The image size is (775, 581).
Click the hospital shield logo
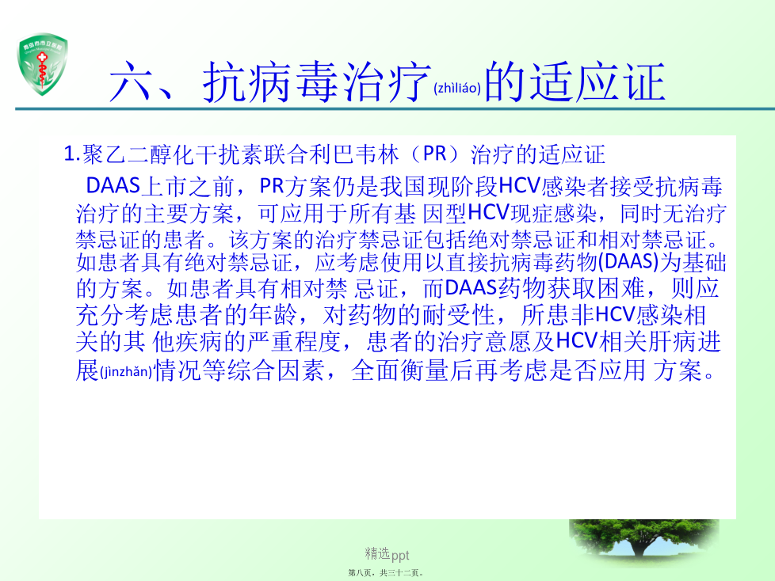pos(42,63)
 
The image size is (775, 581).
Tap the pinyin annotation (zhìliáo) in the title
pos(457,89)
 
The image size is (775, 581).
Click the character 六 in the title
pos(129,82)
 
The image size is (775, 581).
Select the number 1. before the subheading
pos(71,154)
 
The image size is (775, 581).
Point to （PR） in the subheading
pos(435,154)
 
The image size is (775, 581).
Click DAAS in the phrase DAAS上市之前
pos(113,186)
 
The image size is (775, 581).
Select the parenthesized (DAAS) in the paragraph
pos(628,262)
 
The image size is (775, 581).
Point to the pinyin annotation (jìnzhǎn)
pos(126,372)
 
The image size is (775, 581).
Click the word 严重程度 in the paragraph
pos(295,342)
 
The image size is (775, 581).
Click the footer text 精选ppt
pos(387,554)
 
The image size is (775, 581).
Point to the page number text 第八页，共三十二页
pos(386,573)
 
